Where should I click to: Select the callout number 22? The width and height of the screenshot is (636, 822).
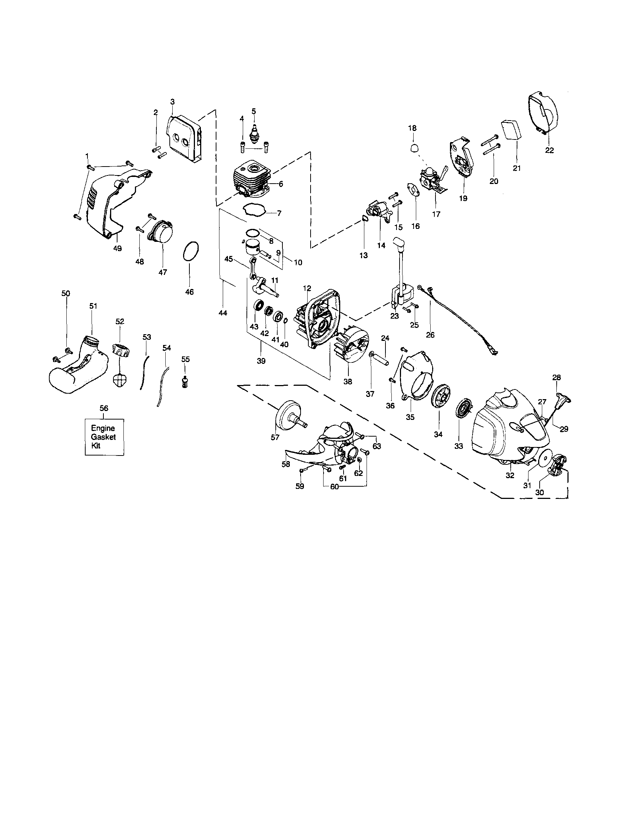pos(550,150)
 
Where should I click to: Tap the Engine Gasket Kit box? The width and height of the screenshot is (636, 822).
pos(104,437)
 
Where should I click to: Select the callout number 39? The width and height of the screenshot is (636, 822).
pos(261,361)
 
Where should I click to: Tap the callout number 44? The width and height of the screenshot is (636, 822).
pos(223,312)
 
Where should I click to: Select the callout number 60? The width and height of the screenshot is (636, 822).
pos(334,487)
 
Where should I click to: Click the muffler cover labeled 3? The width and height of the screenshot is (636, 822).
pos(182,140)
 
